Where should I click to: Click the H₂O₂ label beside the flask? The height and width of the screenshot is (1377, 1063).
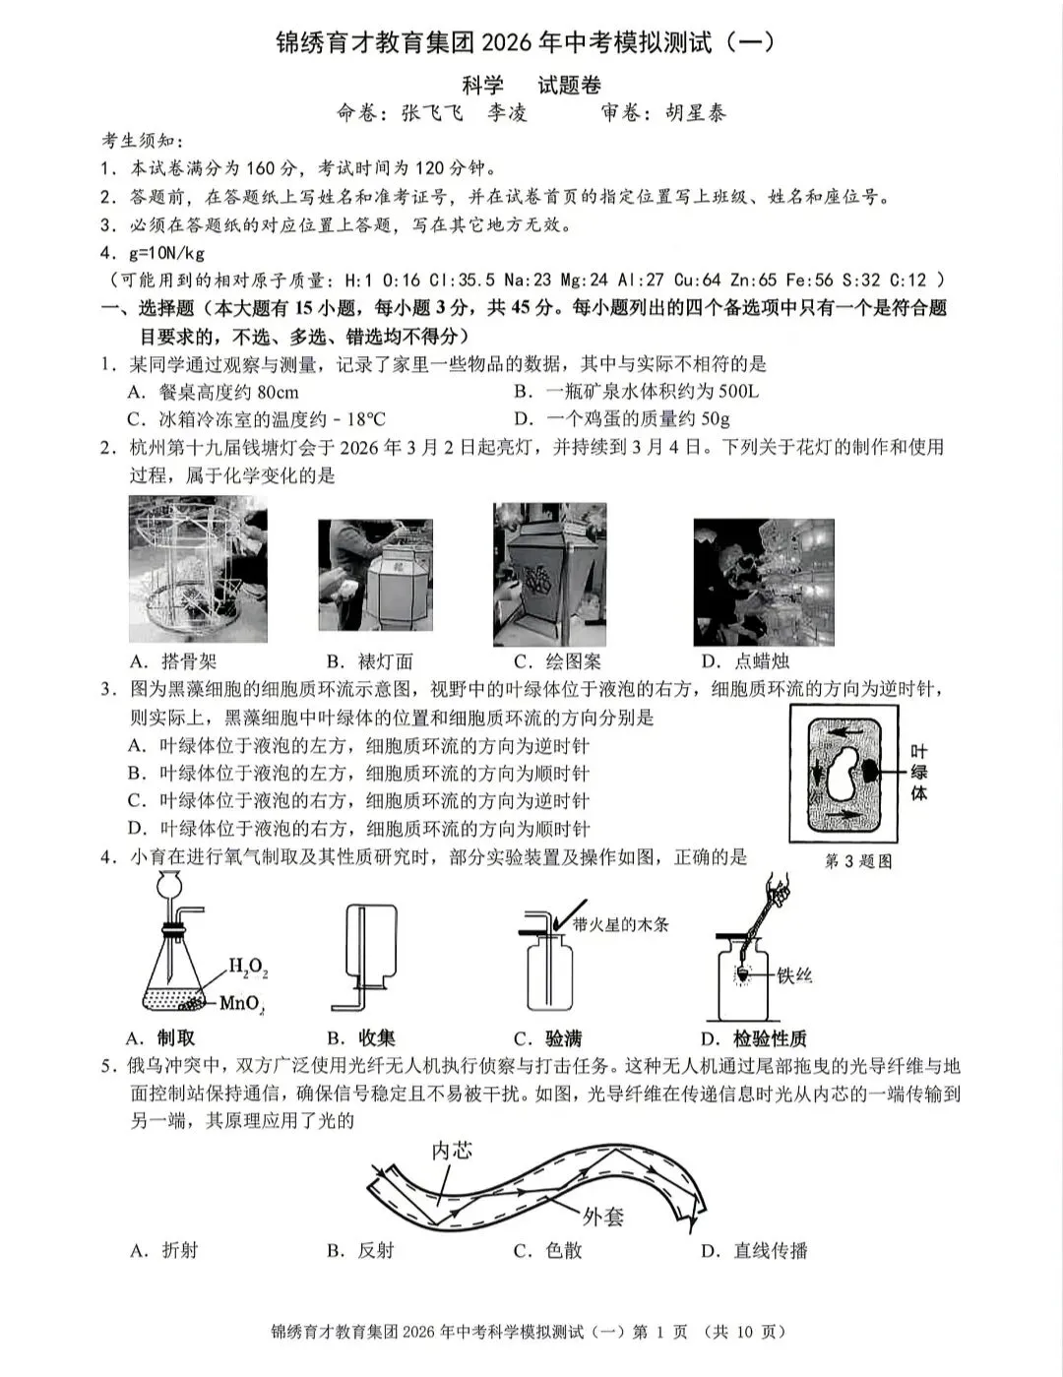pyautogui.click(x=247, y=967)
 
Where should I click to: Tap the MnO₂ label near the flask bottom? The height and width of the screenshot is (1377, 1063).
pyautogui.click(x=241, y=1004)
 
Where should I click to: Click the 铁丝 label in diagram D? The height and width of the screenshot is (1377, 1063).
pyautogui.click(x=794, y=975)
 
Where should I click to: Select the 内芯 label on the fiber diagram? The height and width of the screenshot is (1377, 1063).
pyautogui.click(x=452, y=1150)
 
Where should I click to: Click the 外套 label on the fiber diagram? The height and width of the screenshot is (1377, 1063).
pyautogui.click(x=602, y=1217)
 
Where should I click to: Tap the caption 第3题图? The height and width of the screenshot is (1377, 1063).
pyautogui.click(x=858, y=861)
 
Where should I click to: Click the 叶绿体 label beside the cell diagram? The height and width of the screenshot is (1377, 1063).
pyautogui.click(x=918, y=772)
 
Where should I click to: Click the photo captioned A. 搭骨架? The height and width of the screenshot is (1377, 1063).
pyautogui.click(x=198, y=569)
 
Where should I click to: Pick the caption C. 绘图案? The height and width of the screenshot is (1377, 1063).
pyautogui.click(x=557, y=661)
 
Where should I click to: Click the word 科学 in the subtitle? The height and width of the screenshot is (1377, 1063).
pyautogui.click(x=482, y=86)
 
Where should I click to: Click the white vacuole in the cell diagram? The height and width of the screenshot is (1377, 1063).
pyautogui.click(x=844, y=773)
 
